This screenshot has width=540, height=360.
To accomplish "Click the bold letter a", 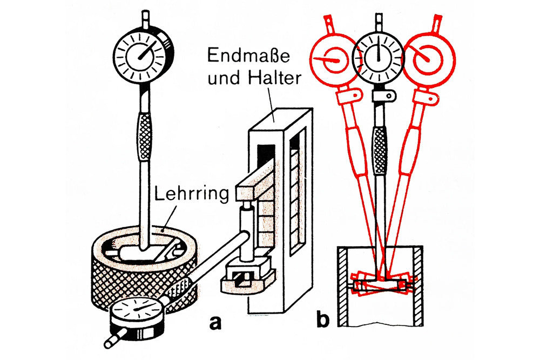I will click(215, 322).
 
